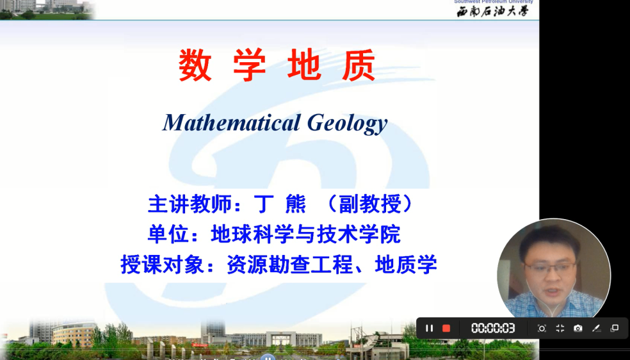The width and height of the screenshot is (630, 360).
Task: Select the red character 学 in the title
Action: pyautogui.click(x=249, y=65)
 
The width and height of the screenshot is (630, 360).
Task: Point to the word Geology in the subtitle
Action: pyautogui.click(x=347, y=122)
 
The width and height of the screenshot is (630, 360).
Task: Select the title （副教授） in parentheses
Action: pyautogui.click(x=369, y=204)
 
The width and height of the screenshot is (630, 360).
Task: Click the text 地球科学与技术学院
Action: pyautogui.click(x=305, y=234)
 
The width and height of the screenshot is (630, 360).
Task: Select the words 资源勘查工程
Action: pyautogui.click(x=290, y=264)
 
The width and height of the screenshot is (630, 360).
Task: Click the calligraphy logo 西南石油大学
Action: pyautogui.click(x=492, y=11)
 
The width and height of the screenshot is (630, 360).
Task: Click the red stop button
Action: pyautogui.click(x=446, y=328)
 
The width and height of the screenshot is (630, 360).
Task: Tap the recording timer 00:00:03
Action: pyautogui.click(x=493, y=328)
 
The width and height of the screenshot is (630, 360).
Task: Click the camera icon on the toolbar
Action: pyautogui.click(x=578, y=328)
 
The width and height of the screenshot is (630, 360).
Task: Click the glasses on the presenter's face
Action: pyautogui.click(x=550, y=268)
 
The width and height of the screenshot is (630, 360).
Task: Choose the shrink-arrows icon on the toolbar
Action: pyautogui.click(x=560, y=328)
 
